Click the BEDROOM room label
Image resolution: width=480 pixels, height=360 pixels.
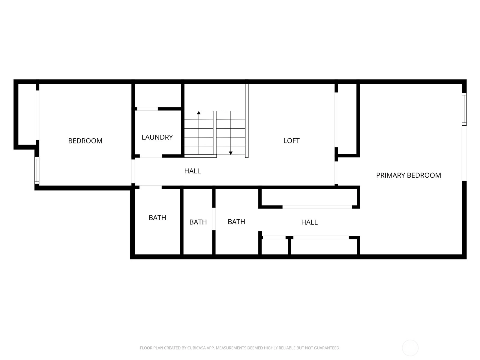pos(85,141)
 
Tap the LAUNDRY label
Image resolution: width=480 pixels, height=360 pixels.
pos(157,137)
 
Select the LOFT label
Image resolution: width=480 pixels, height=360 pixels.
pos(291,141)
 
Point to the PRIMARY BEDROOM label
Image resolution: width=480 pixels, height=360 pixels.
pos(408,175)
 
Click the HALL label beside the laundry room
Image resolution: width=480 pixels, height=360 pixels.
pos(192,171)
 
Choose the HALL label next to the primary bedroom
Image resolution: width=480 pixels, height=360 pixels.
pos(309,222)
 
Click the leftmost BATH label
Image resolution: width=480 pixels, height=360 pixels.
pos(157,218)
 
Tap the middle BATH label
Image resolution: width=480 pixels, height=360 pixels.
pos(198,222)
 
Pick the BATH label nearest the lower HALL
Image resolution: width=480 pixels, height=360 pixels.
pos(236,222)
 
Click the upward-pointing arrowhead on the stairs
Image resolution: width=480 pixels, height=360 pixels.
pos(199,113)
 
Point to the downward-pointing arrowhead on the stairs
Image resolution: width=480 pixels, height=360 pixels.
pos(230,153)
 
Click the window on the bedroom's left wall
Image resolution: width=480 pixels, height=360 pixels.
pos(37,170)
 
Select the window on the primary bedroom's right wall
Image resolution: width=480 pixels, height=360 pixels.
pos(464,109)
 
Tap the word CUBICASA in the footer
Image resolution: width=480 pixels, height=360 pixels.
pos(195,348)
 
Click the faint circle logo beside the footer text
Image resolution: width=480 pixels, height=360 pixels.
pos(410,348)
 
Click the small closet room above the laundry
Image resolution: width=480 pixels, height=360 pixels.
pos(158,95)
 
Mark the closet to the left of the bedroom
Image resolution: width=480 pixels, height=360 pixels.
pos(27,114)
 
